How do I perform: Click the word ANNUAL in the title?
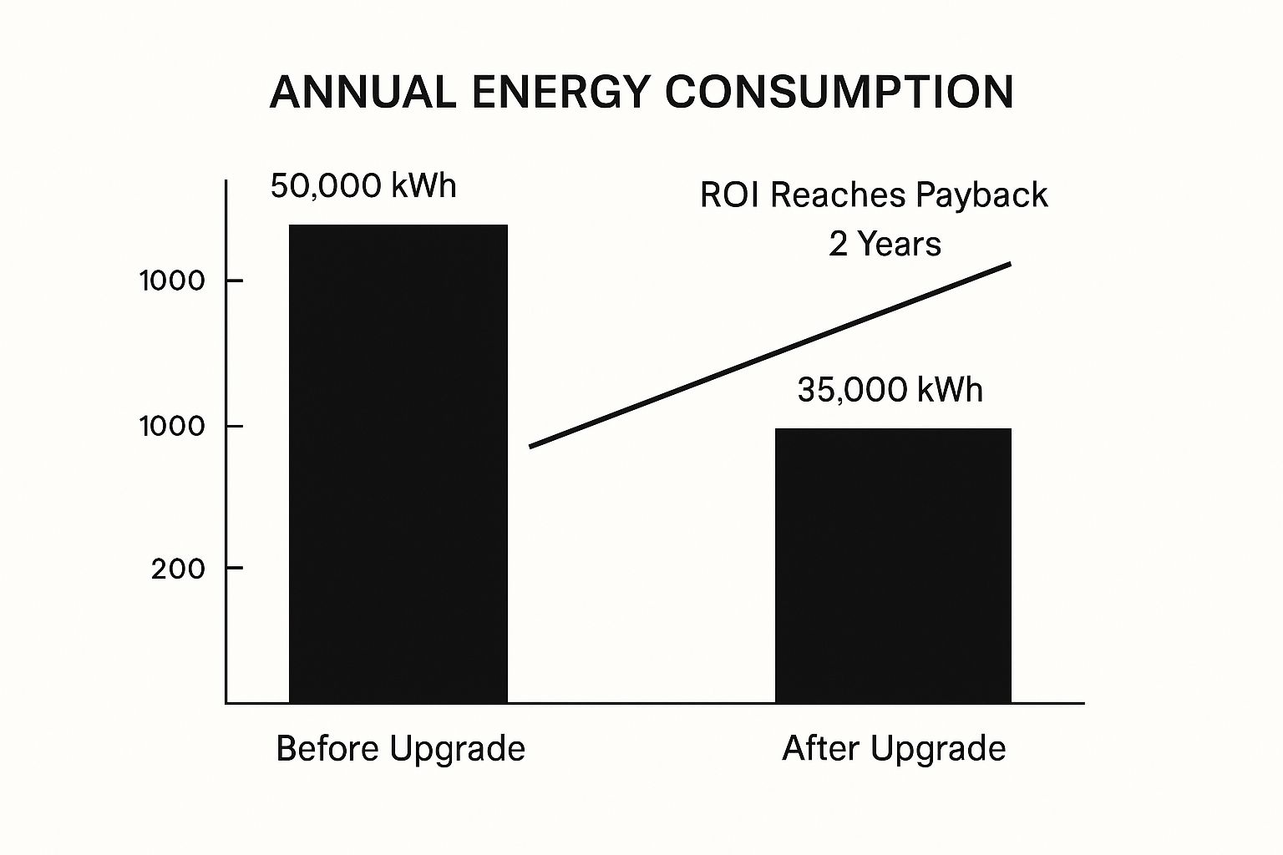(x=363, y=92)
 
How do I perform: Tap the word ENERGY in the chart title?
(x=560, y=92)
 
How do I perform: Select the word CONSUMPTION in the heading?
(x=839, y=92)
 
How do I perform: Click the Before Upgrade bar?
(x=398, y=463)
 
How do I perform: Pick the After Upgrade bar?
(x=893, y=565)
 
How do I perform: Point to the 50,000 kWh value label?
(x=363, y=185)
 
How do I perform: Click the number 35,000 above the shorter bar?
(x=852, y=390)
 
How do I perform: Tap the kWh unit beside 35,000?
(x=950, y=390)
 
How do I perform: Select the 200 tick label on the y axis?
(x=178, y=569)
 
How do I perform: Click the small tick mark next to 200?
(x=234, y=568)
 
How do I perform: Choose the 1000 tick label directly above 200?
(x=172, y=426)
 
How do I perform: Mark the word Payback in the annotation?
(x=981, y=195)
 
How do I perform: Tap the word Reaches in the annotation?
(x=838, y=195)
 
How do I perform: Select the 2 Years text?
(x=885, y=244)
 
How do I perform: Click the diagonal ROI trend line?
(x=769, y=355)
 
